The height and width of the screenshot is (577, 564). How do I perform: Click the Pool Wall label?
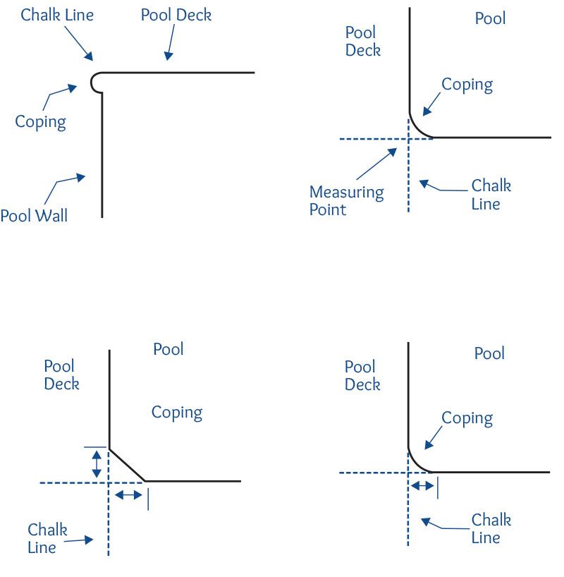click(34, 215)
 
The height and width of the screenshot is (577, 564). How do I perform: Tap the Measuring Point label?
click(347, 200)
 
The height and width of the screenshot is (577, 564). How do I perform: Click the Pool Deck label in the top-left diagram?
click(176, 15)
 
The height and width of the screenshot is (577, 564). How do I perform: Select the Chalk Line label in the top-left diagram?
click(56, 15)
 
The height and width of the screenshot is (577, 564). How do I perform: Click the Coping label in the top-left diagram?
click(40, 121)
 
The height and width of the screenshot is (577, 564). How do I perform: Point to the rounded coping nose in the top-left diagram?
click(95, 82)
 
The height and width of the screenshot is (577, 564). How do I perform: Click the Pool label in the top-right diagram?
click(490, 18)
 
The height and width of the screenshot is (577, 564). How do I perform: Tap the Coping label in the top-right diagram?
click(467, 85)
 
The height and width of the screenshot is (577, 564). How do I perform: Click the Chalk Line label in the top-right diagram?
click(491, 195)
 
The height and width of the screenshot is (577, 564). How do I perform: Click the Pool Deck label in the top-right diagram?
click(362, 41)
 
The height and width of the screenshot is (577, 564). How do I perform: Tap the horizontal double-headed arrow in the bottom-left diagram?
click(128, 495)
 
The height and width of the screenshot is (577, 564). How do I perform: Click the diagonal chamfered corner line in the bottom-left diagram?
click(126, 464)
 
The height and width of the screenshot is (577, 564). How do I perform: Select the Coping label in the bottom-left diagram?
click(177, 413)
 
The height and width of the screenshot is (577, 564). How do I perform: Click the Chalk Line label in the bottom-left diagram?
click(47, 538)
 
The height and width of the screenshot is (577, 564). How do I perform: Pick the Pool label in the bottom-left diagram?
click(168, 349)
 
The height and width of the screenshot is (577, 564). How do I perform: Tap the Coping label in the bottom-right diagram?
click(467, 418)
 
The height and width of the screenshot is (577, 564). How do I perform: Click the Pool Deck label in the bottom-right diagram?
click(362, 375)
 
